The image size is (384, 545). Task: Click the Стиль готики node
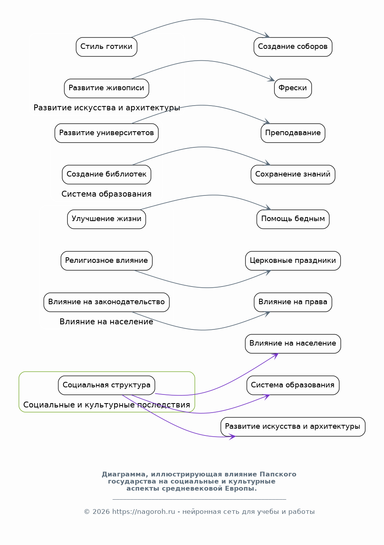106,47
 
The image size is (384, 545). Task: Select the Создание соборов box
293,47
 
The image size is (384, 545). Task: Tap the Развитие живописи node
106,88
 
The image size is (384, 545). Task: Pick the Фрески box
293,88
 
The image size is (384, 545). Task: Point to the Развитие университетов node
106,133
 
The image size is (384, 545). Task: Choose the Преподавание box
293,133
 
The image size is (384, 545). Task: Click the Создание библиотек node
106,175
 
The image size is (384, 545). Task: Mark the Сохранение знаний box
293,175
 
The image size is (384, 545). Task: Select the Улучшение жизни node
106,219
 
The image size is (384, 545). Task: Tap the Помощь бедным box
293,219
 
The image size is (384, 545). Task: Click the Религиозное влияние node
106,260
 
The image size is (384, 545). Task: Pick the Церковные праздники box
293,260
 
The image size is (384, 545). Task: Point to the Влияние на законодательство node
106,302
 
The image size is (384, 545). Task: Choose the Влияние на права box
293,302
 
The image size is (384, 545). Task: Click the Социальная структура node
106,385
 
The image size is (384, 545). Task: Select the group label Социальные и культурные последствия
106,405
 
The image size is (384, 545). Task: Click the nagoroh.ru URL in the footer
143,512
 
